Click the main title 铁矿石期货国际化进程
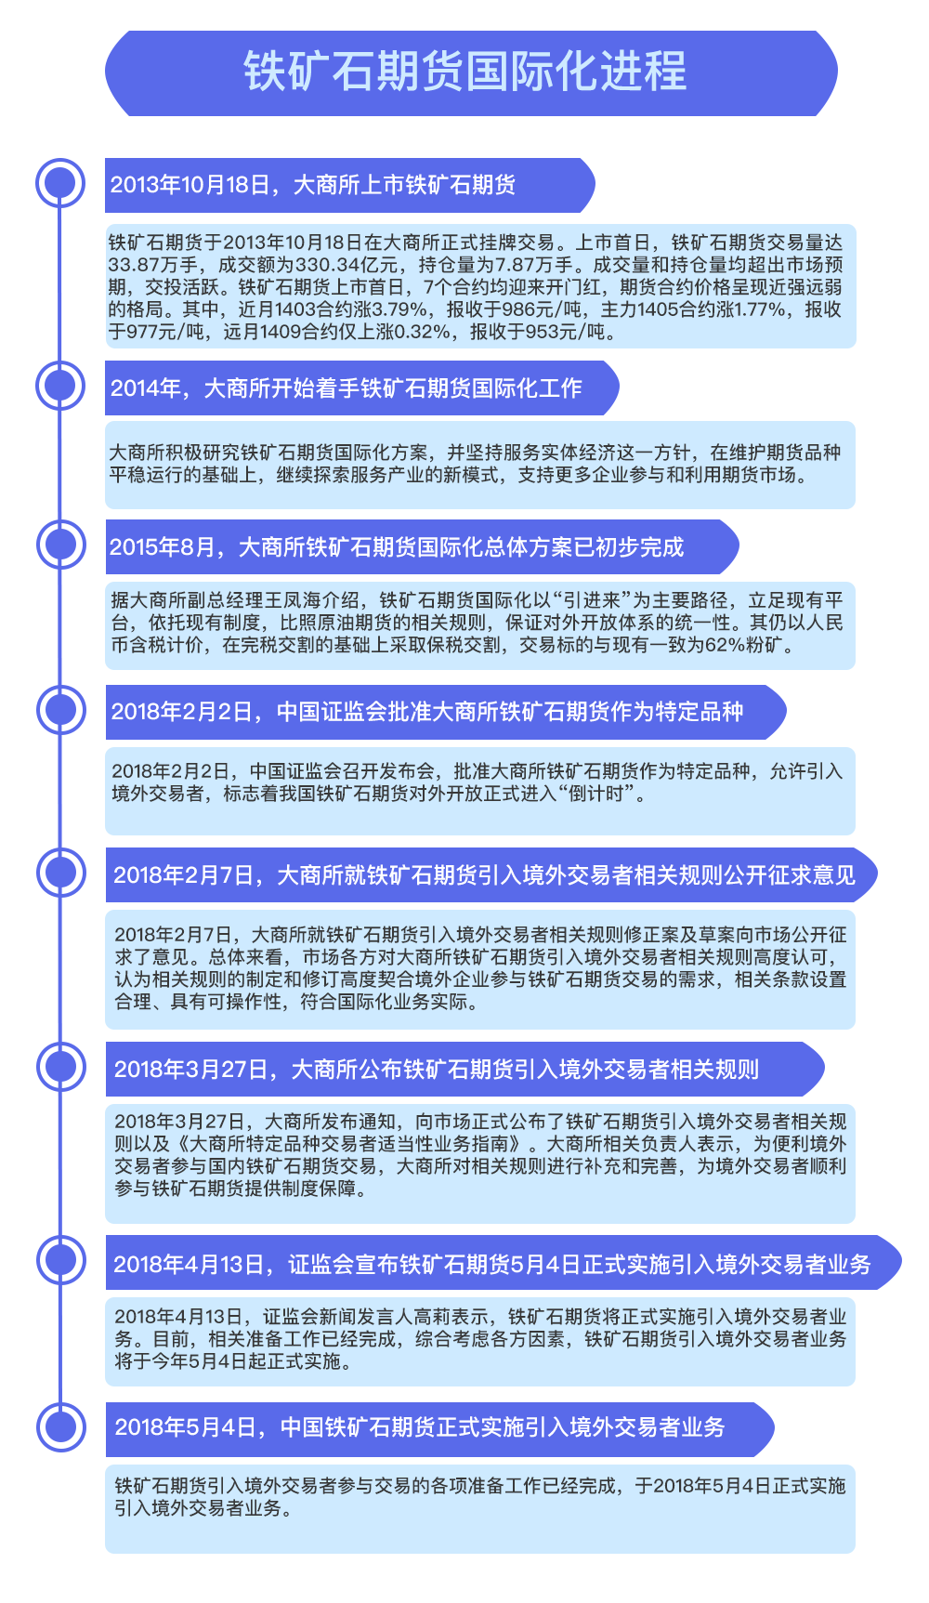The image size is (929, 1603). point(465,72)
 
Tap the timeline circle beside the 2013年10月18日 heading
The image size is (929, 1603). point(60,182)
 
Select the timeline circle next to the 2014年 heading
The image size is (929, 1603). point(60,385)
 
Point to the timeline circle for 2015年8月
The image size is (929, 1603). point(60,544)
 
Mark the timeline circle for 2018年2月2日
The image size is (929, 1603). point(60,710)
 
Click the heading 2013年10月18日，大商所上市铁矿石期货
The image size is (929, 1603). point(313,185)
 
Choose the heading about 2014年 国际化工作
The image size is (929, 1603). point(346,388)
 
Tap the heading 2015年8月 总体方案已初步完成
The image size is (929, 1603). point(397,547)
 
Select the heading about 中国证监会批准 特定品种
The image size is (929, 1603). point(427,712)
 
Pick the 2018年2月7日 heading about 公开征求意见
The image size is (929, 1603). point(484,875)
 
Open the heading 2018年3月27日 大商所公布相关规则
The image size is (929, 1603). point(437,1070)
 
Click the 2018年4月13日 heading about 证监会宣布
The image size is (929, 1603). point(492,1265)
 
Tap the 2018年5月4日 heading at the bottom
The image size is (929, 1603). point(420,1427)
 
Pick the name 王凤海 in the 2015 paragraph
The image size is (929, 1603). point(294,600)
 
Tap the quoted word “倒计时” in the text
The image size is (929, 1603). point(595,794)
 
